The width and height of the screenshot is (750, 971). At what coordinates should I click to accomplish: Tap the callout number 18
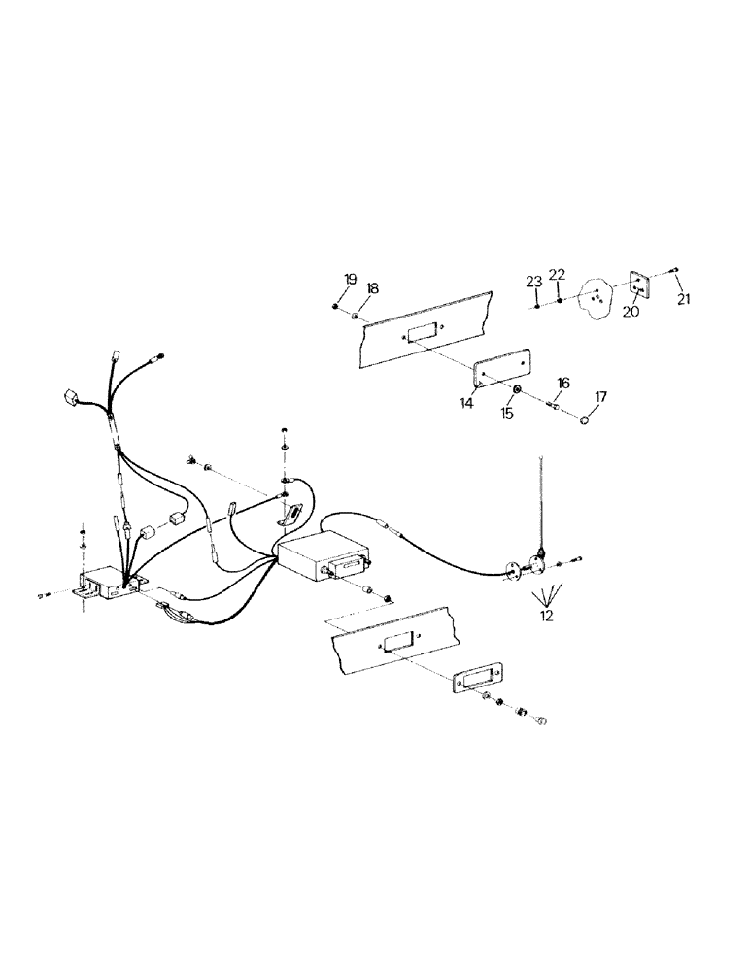coord(372,288)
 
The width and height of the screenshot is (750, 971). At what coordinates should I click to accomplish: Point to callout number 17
coord(600,396)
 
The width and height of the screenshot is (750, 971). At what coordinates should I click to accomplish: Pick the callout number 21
coord(684,300)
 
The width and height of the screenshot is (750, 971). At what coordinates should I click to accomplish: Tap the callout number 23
coord(533,282)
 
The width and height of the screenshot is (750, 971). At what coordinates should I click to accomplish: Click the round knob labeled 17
coord(585,420)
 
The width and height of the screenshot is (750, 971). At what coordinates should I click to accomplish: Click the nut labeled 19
coord(335,308)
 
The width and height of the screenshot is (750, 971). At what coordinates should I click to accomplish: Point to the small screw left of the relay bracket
coord(42,594)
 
